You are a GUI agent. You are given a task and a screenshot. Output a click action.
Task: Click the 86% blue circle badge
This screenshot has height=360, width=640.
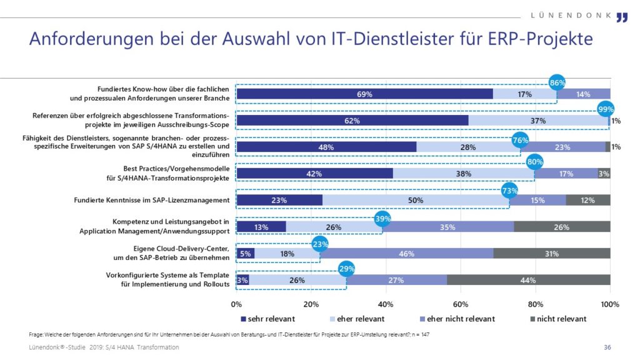[x=557, y=83]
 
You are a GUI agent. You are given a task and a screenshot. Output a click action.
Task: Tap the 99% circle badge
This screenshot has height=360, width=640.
[x=606, y=110]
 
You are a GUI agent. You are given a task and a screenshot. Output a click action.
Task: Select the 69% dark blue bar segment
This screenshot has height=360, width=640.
[x=364, y=94]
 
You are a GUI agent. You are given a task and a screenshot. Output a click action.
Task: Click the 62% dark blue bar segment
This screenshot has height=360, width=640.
[x=352, y=120]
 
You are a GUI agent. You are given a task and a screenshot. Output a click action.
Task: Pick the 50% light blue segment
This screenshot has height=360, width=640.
[x=416, y=200]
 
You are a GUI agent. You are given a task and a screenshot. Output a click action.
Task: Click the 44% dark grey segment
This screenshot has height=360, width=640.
[x=528, y=280]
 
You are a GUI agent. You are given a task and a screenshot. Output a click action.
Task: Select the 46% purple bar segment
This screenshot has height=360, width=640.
[x=406, y=253]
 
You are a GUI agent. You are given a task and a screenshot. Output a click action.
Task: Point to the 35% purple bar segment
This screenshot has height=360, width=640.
[x=447, y=227]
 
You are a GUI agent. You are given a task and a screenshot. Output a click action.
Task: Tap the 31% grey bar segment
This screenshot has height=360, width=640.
[x=552, y=253]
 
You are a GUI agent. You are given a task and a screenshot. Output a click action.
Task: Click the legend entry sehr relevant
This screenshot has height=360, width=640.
[x=267, y=319]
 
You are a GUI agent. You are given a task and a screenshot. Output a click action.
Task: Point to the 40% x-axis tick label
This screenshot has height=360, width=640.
[x=386, y=304]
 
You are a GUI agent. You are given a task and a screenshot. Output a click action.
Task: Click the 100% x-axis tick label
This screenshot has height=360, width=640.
[x=609, y=304]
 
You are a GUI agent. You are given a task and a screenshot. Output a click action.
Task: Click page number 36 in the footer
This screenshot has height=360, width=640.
[x=607, y=347]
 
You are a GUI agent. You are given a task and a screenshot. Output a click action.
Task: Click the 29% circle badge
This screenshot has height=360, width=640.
[x=346, y=269]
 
